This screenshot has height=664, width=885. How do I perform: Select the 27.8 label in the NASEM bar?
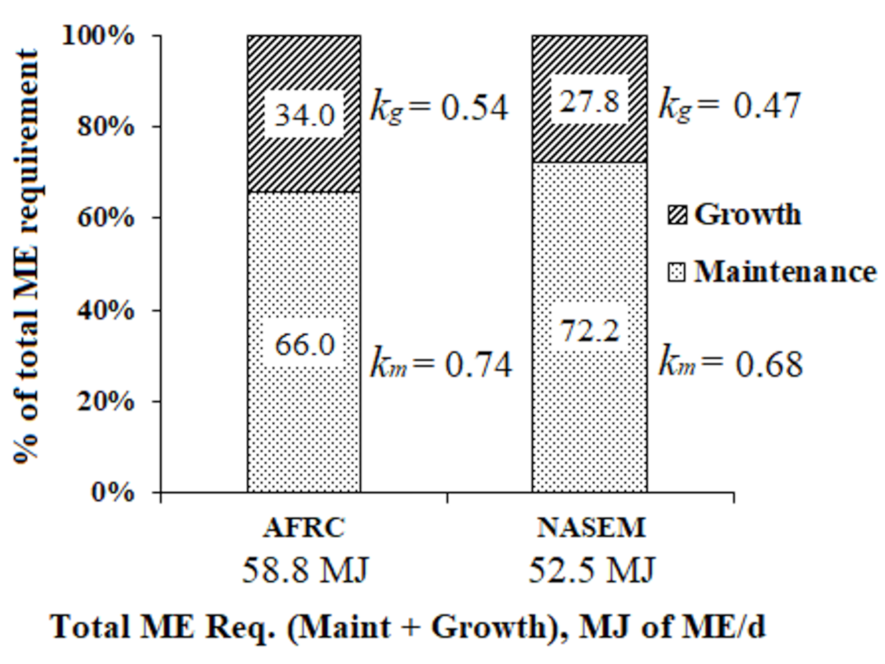point(589,101)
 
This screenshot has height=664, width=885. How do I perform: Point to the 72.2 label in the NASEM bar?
point(589,331)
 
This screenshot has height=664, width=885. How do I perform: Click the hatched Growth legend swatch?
point(677,215)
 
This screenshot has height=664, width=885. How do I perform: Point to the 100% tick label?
point(98,37)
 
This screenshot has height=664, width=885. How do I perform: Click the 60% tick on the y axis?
point(105,218)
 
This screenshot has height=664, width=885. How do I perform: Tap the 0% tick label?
point(112,492)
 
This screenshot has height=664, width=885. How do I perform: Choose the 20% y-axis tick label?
point(105,401)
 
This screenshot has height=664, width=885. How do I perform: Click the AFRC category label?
point(304,527)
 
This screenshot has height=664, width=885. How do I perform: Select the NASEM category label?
point(591,527)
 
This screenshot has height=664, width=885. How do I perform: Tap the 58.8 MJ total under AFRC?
point(304,571)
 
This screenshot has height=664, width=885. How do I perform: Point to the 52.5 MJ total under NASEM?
point(591,571)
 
